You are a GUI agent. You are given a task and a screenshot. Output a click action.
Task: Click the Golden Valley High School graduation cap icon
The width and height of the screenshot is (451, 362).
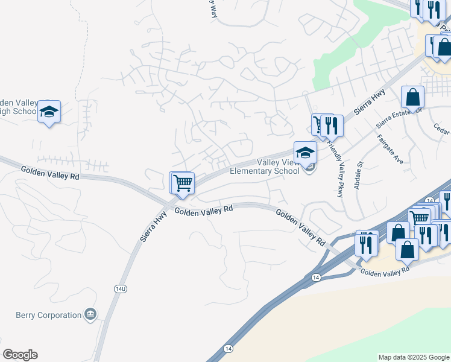tap(49, 112)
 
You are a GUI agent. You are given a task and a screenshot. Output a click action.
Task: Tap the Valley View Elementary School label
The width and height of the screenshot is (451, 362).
tap(265, 167)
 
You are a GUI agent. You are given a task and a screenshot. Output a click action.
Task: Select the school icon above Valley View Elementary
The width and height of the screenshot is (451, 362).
tap(305, 152)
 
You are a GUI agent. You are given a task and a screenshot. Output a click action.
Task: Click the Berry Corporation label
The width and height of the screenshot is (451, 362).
tap(48, 315)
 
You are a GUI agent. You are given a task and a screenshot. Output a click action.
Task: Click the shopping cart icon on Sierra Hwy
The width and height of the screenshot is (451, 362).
tap(183, 182)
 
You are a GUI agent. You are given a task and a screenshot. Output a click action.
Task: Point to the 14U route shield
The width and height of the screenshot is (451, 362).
tap(121, 289)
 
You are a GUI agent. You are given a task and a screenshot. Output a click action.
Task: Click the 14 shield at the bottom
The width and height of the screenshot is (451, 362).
tap(227, 349)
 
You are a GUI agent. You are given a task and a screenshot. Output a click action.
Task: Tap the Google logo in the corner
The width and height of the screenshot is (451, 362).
tap(20, 355)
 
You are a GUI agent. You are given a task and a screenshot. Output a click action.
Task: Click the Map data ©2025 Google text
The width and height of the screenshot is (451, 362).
tap(414, 357)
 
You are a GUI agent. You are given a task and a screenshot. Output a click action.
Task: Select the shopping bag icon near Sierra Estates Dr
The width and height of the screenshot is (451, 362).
tap(412, 97)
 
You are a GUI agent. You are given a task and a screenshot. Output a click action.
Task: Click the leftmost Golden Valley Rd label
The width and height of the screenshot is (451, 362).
tap(50, 173)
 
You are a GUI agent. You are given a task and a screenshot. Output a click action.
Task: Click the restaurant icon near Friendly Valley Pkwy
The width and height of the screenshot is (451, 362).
tap(331, 125)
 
